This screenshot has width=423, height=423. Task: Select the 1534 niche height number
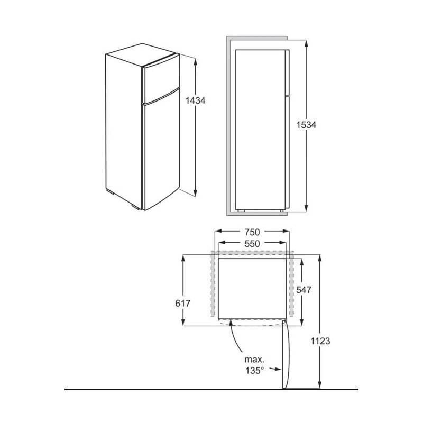coord(307,125)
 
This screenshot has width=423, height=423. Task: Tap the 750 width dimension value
coord(252,232)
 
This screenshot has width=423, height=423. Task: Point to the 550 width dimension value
coord(252,244)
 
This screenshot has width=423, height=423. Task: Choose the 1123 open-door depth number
coord(320,342)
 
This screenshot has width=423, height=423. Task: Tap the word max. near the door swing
coord(253,360)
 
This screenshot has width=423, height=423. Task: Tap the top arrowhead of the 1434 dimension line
coord(196,61)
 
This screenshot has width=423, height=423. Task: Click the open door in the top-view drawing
coord(286,354)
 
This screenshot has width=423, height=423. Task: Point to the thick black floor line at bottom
coord(212,390)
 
